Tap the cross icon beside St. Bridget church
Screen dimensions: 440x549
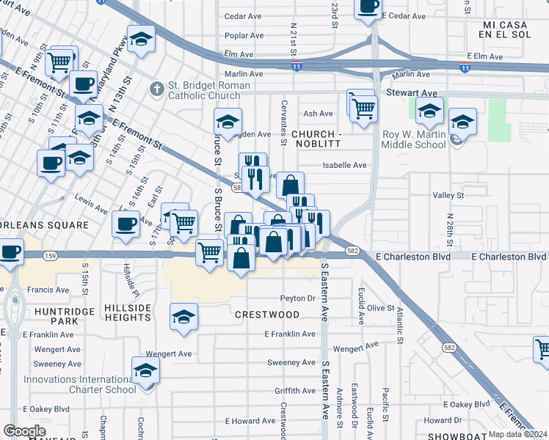(x=156, y=89)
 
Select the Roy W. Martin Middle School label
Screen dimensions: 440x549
(x=415, y=139)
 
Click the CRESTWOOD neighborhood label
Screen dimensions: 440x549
(x=267, y=315)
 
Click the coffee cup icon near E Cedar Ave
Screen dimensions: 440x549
(x=368, y=7)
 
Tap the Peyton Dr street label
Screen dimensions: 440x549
(x=297, y=298)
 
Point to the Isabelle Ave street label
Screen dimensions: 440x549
(x=345, y=165)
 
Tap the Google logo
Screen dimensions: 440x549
(x=24, y=430)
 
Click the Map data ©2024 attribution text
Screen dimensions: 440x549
(x=517, y=434)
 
